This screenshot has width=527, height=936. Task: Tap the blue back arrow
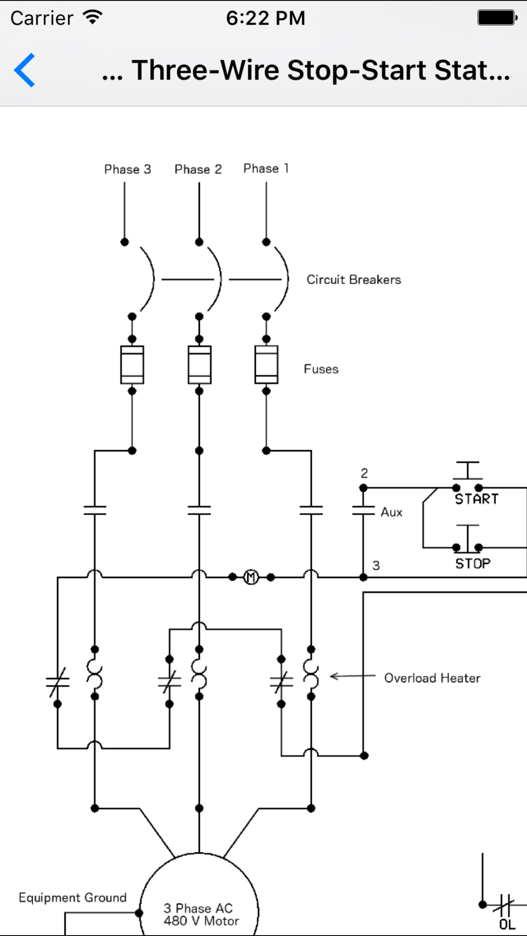click(x=25, y=70)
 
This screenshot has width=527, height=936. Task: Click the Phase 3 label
click(x=127, y=169)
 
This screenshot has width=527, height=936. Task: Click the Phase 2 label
click(x=198, y=169)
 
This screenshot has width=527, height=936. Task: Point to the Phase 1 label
click(x=266, y=168)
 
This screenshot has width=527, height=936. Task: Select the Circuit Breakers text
click(x=353, y=280)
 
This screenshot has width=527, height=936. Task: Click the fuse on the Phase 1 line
click(x=266, y=365)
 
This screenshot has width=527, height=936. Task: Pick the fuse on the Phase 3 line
click(x=132, y=365)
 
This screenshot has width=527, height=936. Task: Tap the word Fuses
click(x=321, y=369)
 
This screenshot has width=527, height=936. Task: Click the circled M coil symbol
click(x=251, y=577)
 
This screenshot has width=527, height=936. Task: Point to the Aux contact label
click(x=391, y=512)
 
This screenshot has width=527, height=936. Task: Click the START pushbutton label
click(x=477, y=499)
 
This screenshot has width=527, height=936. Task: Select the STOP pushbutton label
click(x=473, y=563)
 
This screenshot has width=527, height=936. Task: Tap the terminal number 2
click(x=364, y=473)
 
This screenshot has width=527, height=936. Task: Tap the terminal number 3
click(x=376, y=565)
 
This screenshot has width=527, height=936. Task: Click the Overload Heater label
click(x=432, y=678)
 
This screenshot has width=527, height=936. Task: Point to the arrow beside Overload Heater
click(x=352, y=676)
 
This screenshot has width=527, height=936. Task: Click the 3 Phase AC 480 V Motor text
click(x=201, y=914)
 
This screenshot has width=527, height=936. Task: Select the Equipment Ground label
click(x=73, y=897)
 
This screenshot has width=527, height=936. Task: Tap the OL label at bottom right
click(x=507, y=924)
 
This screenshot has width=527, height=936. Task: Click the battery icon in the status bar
click(x=497, y=18)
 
